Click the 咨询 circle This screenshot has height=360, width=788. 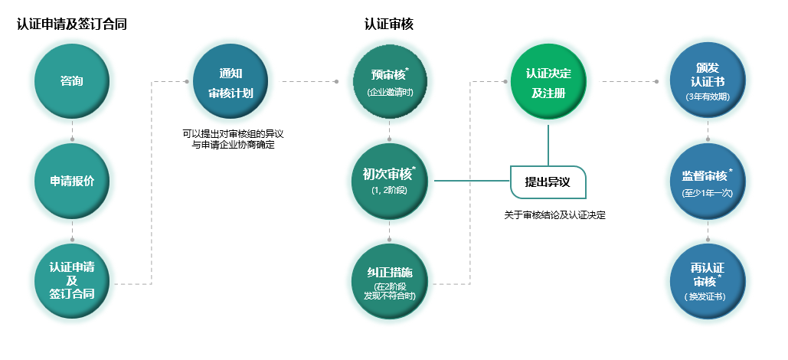click(72, 80)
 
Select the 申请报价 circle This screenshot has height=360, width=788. click(72, 181)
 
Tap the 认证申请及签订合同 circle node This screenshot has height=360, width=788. click(72, 280)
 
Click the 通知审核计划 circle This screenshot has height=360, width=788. click(231, 81)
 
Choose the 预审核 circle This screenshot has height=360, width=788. click(390, 80)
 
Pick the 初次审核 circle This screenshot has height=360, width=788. click(390, 181)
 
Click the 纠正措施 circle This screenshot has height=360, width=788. click(390, 281)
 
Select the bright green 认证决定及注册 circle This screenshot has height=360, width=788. click(548, 81)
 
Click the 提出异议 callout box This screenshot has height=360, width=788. click(548, 182)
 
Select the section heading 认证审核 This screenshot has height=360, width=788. click(389, 24)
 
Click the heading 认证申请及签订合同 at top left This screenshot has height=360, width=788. click(72, 24)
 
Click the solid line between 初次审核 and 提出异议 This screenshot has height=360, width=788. click(471, 182)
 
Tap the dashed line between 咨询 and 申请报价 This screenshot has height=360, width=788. click(72, 131)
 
